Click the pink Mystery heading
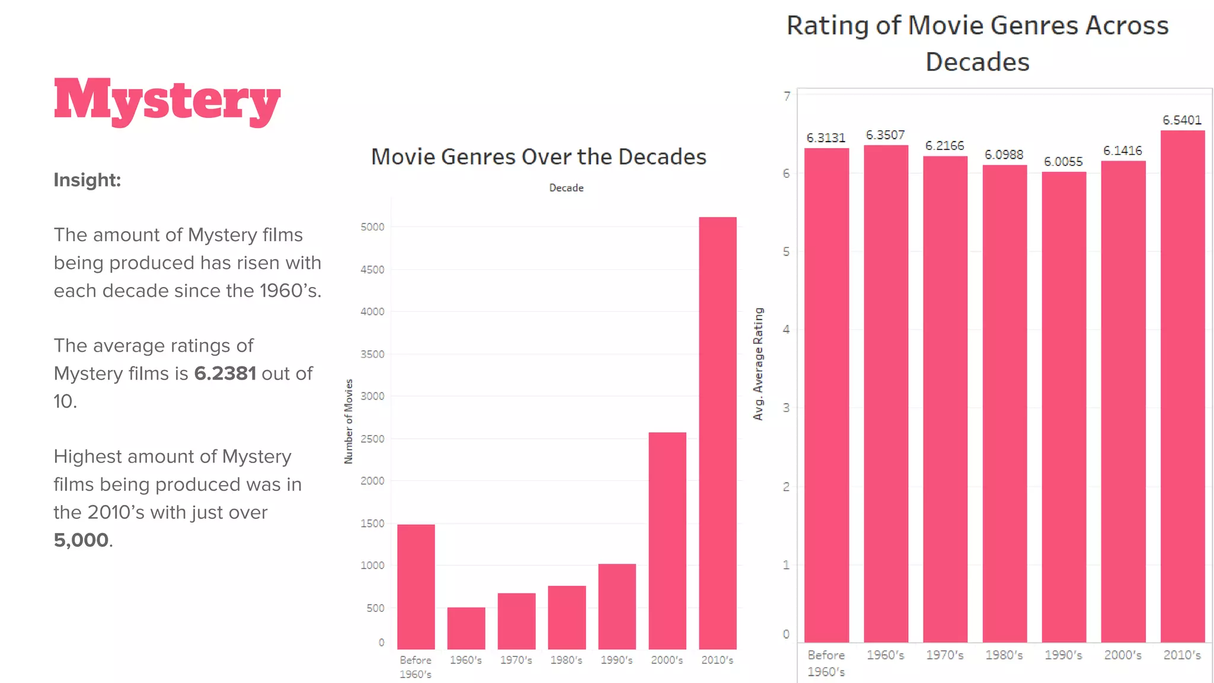pyautogui.click(x=167, y=101)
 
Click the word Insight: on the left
pyautogui.click(x=87, y=180)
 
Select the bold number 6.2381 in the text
pyautogui.click(x=225, y=374)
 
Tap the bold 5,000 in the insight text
pyautogui.click(x=81, y=540)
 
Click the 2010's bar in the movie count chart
pyautogui.click(x=717, y=433)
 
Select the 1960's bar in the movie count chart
pyautogui.click(x=466, y=628)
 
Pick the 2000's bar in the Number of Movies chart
pyautogui.click(x=667, y=541)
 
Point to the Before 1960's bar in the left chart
pyautogui.click(x=416, y=586)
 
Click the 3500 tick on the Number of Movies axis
pyautogui.click(x=372, y=355)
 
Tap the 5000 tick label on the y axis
pyautogui.click(x=372, y=227)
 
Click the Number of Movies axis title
pyautogui.click(x=349, y=422)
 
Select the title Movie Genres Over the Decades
pyautogui.click(x=538, y=157)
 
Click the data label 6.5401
pyautogui.click(x=1181, y=120)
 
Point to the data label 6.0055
pyautogui.click(x=1063, y=162)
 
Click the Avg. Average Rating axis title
pyautogui.click(x=758, y=364)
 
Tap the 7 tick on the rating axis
pyautogui.click(x=787, y=96)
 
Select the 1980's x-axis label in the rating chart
pyautogui.click(x=1004, y=655)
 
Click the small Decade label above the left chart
pyautogui.click(x=566, y=188)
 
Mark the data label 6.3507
pyautogui.click(x=885, y=135)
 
